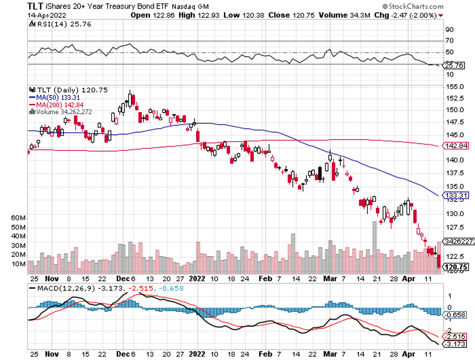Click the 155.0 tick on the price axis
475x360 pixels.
pos(451,87)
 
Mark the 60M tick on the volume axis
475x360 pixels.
pos(19,218)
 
